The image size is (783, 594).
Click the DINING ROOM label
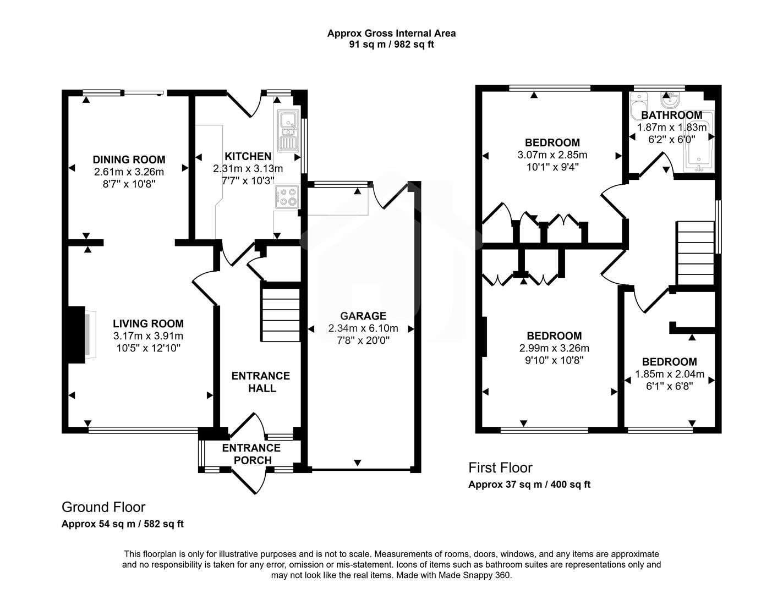pyautogui.click(x=129, y=159)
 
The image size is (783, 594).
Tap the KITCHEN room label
pyautogui.click(x=248, y=156)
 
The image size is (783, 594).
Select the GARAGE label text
pyautogui.click(x=363, y=316)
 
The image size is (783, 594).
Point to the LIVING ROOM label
pyautogui.click(x=148, y=324)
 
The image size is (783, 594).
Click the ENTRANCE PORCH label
pyautogui.click(x=251, y=454)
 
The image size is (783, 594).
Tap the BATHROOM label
pyautogui.click(x=671, y=115)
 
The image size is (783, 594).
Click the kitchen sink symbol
pyautogui.click(x=288, y=130)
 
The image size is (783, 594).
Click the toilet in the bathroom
pyautogui.click(x=639, y=103)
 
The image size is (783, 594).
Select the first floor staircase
pyautogui.click(x=696, y=252)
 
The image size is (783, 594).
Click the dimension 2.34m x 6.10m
pyautogui.click(x=363, y=328)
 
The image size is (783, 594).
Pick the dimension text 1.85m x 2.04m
pyautogui.click(x=670, y=374)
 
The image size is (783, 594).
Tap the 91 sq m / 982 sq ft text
pyautogui.click(x=391, y=45)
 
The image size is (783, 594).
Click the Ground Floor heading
pyautogui.click(x=103, y=507)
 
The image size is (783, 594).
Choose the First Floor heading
pyautogui.click(x=500, y=468)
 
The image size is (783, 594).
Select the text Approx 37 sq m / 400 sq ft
pyautogui.click(x=529, y=485)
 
